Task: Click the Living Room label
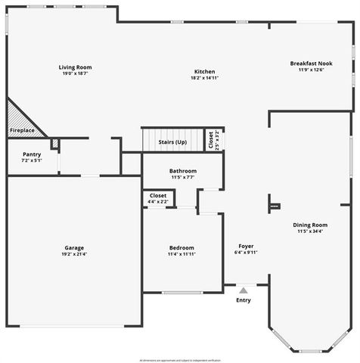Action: click(x=76, y=67)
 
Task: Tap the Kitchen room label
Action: click(x=204, y=71)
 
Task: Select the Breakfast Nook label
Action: click(x=311, y=64)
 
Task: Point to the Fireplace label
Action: click(x=21, y=131)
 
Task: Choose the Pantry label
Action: click(x=21, y=154)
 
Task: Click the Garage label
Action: click(x=74, y=247)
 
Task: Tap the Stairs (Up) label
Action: click(x=172, y=142)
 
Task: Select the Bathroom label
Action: click(x=183, y=171)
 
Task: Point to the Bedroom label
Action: click(x=182, y=247)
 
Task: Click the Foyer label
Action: click(x=246, y=246)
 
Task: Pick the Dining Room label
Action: click(x=310, y=225)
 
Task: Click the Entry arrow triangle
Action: click(x=244, y=290)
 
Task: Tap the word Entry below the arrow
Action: click(x=244, y=300)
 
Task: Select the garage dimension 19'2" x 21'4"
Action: click(x=74, y=254)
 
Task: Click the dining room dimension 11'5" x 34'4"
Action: click(x=310, y=231)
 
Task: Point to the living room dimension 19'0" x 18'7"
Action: click(x=76, y=74)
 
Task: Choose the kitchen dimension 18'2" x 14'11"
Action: click(x=204, y=78)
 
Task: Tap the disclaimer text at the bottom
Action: click(x=180, y=359)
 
